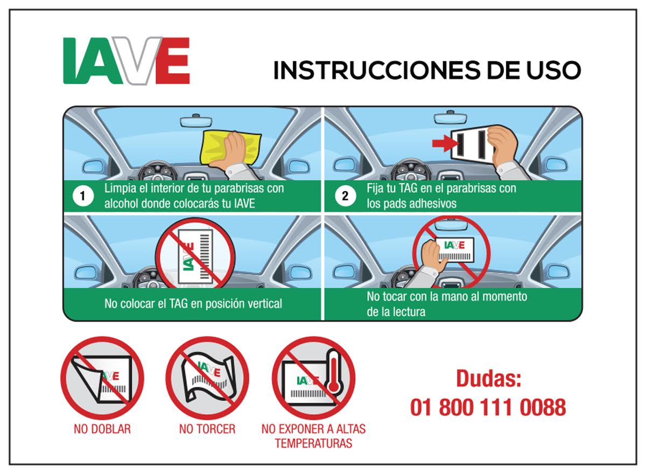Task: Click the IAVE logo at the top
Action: (127, 60)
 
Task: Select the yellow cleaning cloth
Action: (230, 147)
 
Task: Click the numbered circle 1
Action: (82, 197)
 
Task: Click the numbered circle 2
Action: (345, 197)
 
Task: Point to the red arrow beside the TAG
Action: (443, 143)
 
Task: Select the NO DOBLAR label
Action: (102, 429)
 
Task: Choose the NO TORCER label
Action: (207, 429)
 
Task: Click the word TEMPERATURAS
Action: (313, 443)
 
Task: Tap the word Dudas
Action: (488, 378)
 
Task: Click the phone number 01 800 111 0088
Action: (488, 407)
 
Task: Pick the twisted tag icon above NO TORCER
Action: (207, 377)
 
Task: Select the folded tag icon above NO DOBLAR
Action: (102, 377)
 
